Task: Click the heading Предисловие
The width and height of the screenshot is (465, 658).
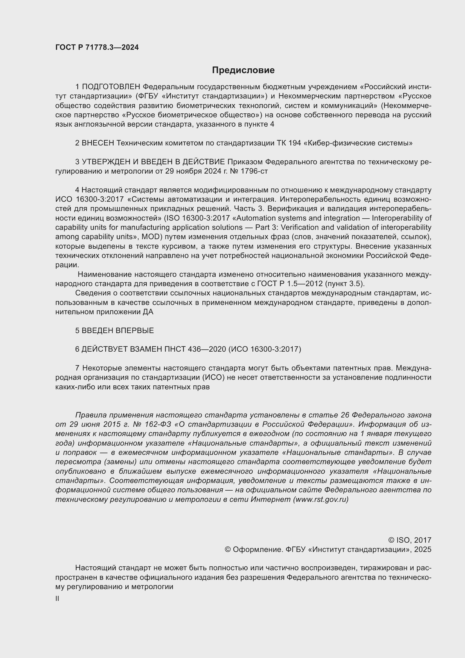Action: (x=243, y=70)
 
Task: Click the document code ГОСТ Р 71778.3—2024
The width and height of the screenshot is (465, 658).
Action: (x=97, y=47)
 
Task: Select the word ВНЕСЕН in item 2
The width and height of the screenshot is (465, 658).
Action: (x=98, y=143)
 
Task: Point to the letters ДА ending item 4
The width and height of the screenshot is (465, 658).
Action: (x=148, y=312)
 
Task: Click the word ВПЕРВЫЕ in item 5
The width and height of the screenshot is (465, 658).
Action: (x=135, y=331)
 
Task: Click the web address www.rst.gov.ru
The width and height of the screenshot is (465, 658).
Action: (x=321, y=499)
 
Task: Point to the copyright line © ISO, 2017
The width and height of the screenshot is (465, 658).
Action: (x=409, y=540)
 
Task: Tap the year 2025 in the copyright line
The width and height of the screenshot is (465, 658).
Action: (x=422, y=549)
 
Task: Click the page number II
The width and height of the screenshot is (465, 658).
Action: (x=57, y=599)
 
